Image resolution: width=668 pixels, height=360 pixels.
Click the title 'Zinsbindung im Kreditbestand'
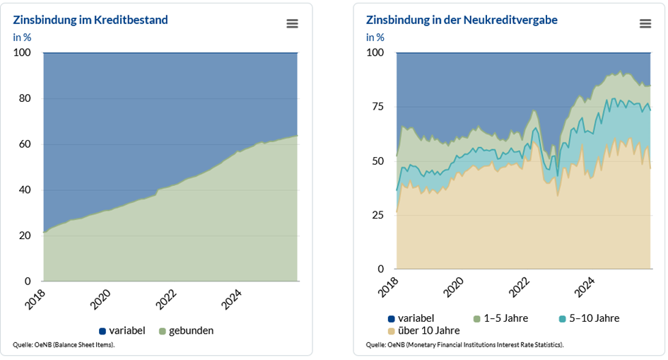(x=90, y=20)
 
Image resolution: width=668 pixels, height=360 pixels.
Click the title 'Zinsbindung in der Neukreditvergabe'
(x=462, y=20)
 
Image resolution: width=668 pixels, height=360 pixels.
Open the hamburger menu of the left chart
(x=292, y=23)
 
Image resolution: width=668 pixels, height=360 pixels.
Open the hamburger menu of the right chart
(x=645, y=23)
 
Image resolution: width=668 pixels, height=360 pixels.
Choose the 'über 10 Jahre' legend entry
(x=424, y=330)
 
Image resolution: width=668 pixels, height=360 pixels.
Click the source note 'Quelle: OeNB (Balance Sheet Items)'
(x=64, y=344)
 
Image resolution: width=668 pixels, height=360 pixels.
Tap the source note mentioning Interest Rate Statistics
(x=464, y=344)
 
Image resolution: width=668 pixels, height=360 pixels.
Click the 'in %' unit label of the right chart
(x=375, y=37)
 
